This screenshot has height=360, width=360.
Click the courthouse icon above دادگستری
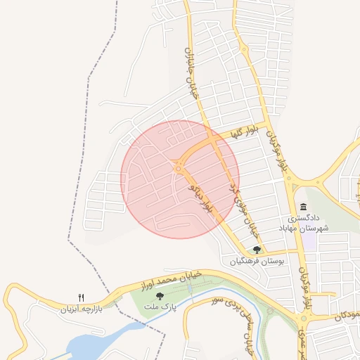pyautogui.click(x=303, y=206)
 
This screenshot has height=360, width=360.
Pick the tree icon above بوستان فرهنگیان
pyautogui.click(x=257, y=249)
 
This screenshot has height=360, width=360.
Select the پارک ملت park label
pyautogui.click(x=160, y=307)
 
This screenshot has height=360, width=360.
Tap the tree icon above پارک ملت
pyautogui.click(x=160, y=296)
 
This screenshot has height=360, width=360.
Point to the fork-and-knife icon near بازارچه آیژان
pyautogui.click(x=82, y=297)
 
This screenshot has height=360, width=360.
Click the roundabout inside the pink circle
pyautogui.click(x=178, y=167)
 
